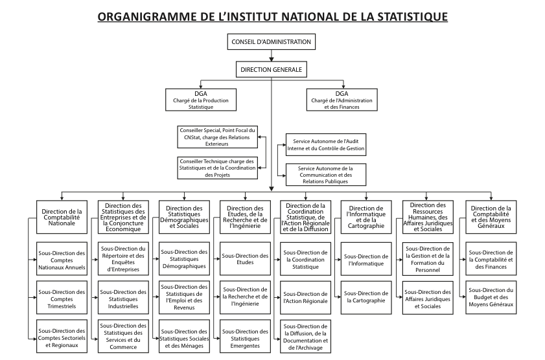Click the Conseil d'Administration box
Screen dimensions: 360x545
click(x=272, y=43)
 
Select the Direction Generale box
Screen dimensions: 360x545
click(x=272, y=69)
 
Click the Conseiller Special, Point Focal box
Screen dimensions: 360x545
click(x=217, y=137)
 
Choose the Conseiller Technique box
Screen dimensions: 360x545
click(x=217, y=167)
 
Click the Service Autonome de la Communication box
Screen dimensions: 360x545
click(x=325, y=174)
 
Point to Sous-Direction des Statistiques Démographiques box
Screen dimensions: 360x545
click(x=184, y=256)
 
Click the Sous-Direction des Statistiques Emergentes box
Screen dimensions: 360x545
click(x=245, y=334)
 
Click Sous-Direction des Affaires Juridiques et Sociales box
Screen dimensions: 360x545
click(x=427, y=297)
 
